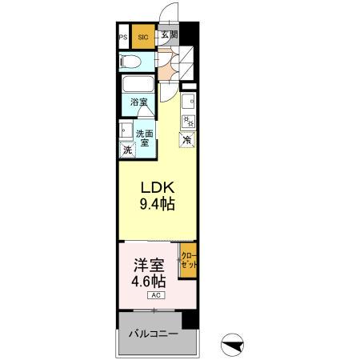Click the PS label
coord(123,37)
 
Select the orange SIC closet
coord(143,37)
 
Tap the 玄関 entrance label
coord(168,35)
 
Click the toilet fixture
coord(131,62)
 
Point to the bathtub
coord(139,85)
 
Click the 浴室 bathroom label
coord(139,102)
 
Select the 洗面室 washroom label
coord(144,138)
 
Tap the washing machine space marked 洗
coord(127,150)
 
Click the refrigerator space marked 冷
coord(187,140)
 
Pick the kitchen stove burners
coord(189,122)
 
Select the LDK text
coord(157,187)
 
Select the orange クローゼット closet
coord(187,261)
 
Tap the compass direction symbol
coord(231,346)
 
